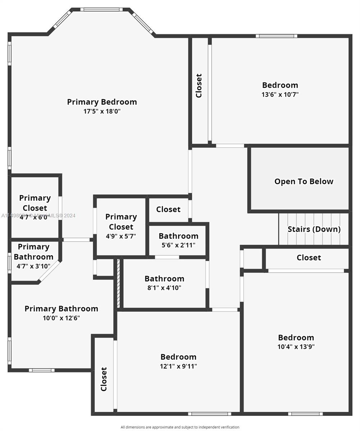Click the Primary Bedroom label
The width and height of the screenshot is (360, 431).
pos(102,102)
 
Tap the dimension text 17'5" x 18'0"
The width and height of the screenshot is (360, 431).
pos(102,111)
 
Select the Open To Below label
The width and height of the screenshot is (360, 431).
pos(304,181)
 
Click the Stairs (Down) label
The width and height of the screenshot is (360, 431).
pos(314,229)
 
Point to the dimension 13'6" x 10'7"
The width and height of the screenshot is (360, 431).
pos(280,95)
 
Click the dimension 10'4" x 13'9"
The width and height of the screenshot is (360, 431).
pos(296,347)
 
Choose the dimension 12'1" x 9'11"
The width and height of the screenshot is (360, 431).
pos(179,366)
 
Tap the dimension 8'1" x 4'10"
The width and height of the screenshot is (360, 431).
pos(164,288)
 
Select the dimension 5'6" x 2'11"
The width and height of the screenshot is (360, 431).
pos(179,245)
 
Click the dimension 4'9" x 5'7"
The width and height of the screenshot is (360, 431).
pos(121,236)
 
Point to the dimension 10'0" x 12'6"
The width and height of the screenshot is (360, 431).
pos(61,318)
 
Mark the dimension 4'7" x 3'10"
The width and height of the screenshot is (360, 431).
pos(33,266)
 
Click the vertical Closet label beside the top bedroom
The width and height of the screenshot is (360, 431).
pos(199,86)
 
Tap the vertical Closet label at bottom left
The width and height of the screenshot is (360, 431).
pos(104,379)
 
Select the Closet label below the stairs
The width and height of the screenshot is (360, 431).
pos(309,258)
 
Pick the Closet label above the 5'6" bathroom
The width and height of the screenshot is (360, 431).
pos(168,209)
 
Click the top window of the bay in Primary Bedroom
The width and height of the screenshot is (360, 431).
pos(102,9)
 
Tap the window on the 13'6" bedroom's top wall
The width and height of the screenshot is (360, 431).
pos(276,36)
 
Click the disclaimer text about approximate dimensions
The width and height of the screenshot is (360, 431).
pos(180,427)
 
